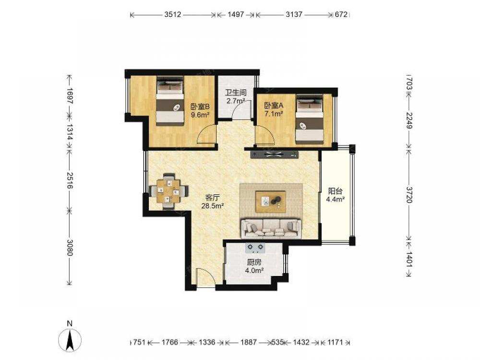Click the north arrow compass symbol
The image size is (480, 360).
click(70, 339)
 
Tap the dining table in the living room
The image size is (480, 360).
click(168, 192)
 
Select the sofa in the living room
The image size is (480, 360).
click(271, 228)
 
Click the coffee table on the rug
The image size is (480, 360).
click(271, 202)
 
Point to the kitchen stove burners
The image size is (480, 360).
click(255, 248)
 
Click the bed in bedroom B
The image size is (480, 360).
click(170, 101)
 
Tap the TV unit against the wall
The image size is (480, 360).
click(274, 154)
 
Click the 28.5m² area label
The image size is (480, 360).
click(213, 206)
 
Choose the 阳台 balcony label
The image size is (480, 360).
click(335, 191)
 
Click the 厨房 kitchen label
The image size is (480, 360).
click(254, 263)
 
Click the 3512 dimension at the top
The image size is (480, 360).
click(173, 14)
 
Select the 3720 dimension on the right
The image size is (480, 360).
click(409, 194)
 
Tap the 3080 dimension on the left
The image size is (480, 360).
click(70, 247)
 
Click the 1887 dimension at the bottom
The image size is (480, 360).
click(248, 342)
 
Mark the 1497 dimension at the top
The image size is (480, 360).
click(236, 14)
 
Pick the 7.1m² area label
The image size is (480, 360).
click(274, 114)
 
